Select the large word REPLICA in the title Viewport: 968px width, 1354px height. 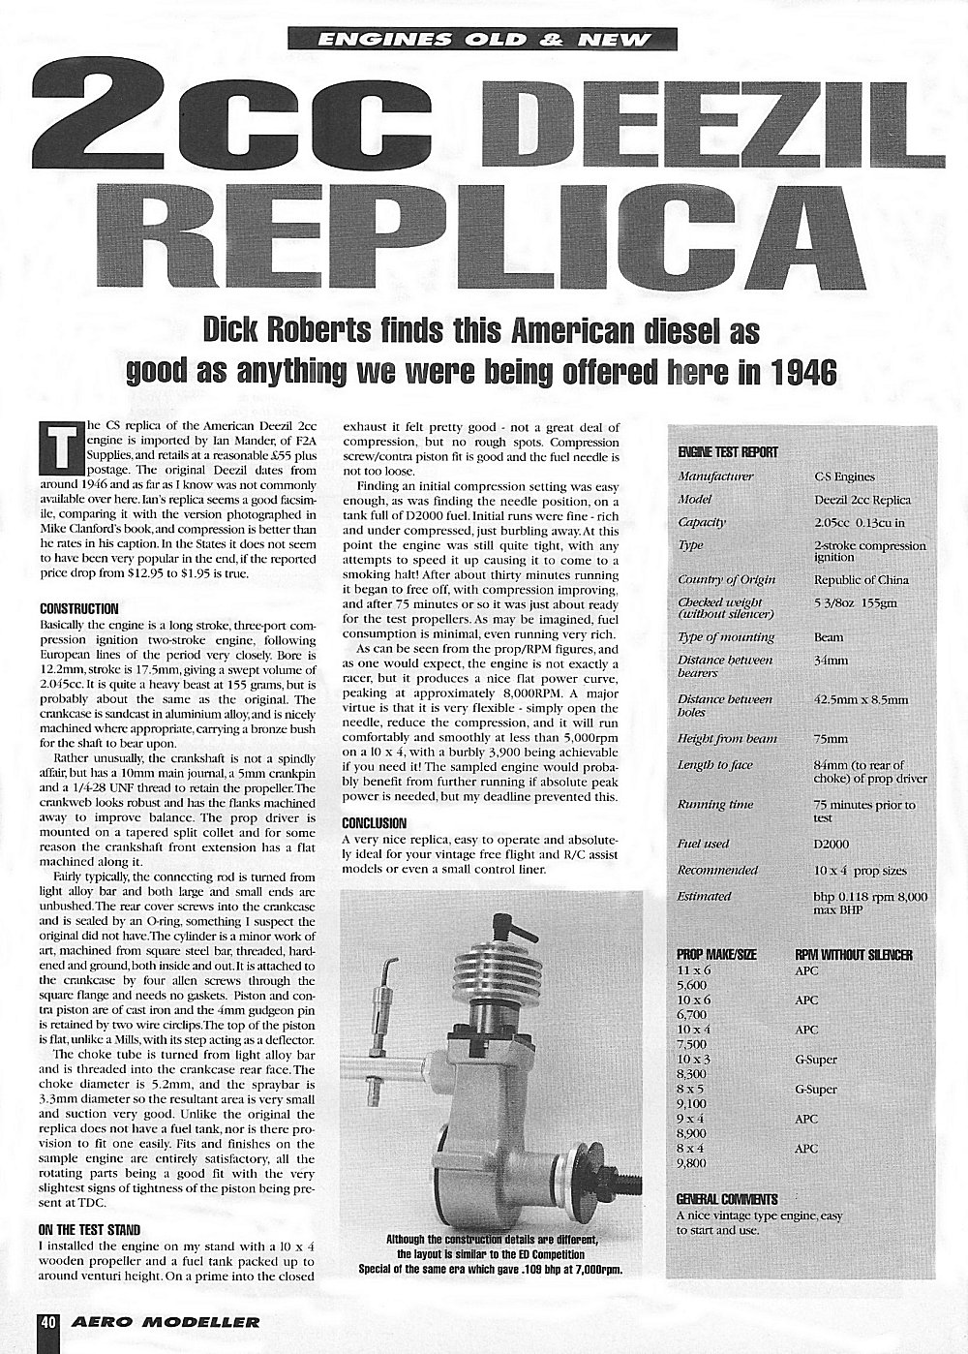click(x=484, y=230)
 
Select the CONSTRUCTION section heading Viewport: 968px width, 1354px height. click(x=79, y=609)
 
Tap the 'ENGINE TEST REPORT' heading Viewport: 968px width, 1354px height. click(x=728, y=452)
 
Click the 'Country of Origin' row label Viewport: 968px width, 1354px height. click(x=726, y=579)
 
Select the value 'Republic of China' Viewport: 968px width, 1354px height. click(x=862, y=579)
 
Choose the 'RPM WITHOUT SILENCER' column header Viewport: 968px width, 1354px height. click(x=854, y=955)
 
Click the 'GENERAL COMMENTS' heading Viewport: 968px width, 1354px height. click(x=727, y=1199)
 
